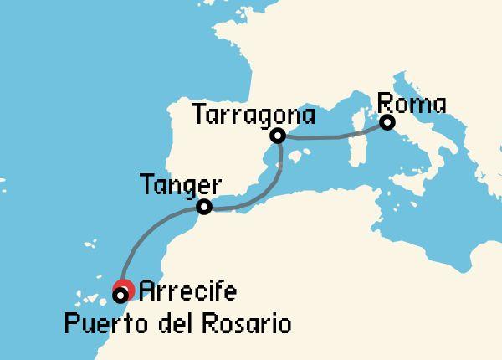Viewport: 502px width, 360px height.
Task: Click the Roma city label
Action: [412, 105]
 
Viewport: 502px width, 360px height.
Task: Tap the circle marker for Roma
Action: [387, 122]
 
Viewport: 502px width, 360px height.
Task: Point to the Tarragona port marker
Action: [279, 135]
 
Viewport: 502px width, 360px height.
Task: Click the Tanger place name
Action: [181, 184]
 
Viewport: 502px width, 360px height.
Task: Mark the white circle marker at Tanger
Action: [202, 207]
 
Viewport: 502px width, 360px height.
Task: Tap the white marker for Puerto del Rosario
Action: [120, 295]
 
